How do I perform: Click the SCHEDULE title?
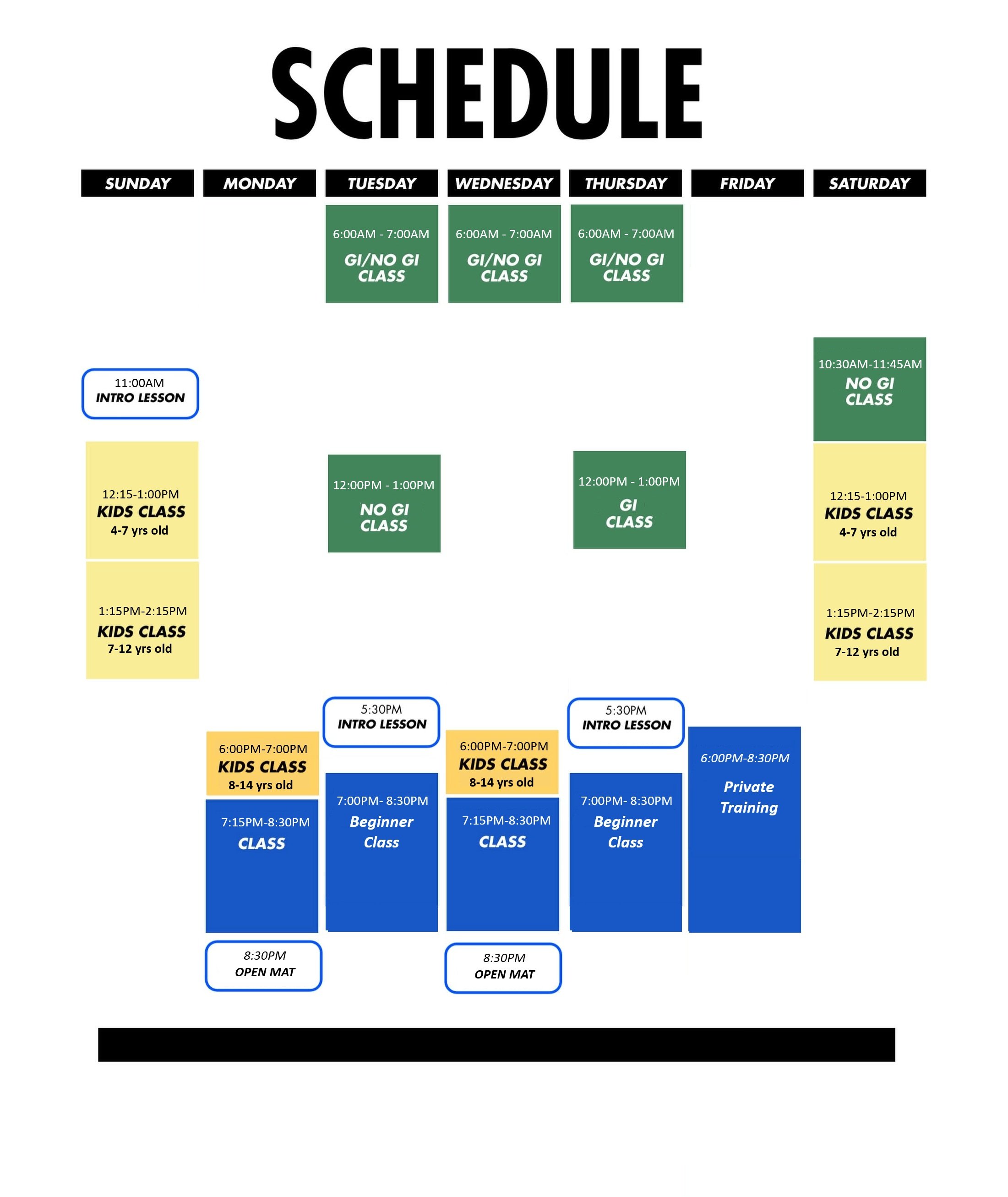tap(487, 93)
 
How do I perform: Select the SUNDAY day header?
tap(138, 183)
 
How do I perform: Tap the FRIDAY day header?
tap(747, 183)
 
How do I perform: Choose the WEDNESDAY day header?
tap(504, 183)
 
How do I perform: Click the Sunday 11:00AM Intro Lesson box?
tap(140, 394)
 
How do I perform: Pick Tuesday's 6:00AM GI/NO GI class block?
tap(381, 254)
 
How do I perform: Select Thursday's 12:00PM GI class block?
tap(630, 500)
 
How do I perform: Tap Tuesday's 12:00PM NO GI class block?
tap(384, 503)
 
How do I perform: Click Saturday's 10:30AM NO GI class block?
tap(870, 389)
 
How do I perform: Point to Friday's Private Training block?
tap(745, 830)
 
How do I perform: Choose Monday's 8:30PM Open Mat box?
tap(263, 966)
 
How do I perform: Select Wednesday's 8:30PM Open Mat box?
tap(503, 968)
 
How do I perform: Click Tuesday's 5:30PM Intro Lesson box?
tap(381, 722)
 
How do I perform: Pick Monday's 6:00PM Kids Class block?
tap(262, 764)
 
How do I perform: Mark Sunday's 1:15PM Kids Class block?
tap(142, 620)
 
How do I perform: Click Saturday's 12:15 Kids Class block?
tap(870, 502)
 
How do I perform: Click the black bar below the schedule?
tap(496, 1045)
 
